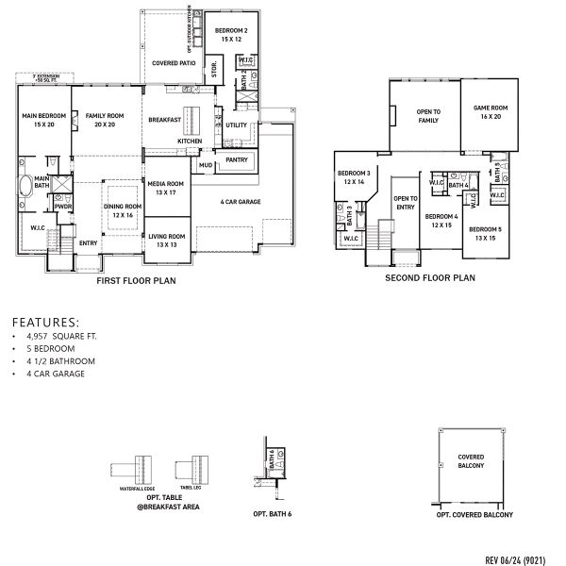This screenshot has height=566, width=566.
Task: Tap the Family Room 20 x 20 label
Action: [101, 120]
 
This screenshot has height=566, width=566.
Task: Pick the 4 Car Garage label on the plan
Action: [241, 201]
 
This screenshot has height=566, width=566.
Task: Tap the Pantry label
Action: [236, 160]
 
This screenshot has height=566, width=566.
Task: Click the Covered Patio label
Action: [174, 63]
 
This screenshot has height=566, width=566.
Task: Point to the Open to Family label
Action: [429, 115]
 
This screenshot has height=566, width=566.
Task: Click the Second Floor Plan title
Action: [430, 278]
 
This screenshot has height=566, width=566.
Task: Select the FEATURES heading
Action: [46, 321]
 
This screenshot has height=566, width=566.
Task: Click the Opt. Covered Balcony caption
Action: [474, 515]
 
